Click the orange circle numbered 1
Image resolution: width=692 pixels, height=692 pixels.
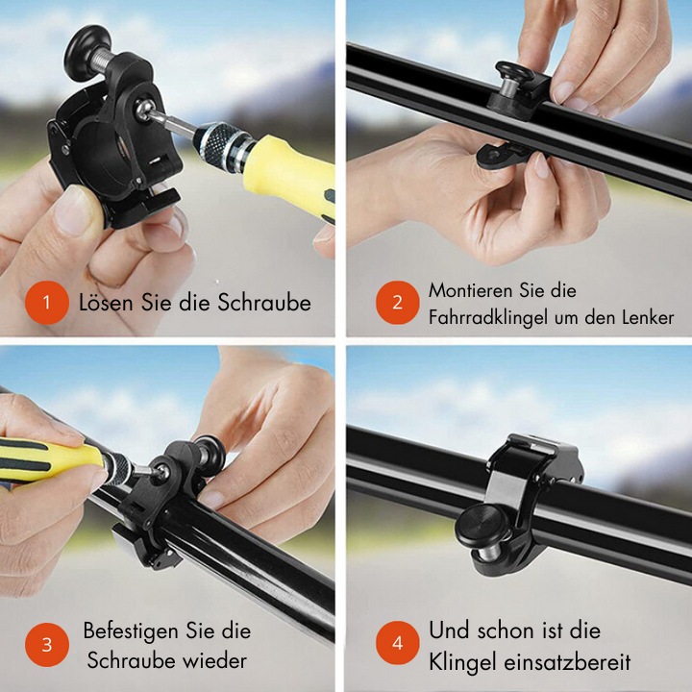47,304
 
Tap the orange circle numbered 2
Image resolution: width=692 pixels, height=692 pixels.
397,304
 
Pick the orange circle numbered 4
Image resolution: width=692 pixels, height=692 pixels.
397,644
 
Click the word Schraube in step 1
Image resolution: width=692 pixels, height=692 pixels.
263,303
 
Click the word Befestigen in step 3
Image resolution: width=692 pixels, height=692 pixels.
131,631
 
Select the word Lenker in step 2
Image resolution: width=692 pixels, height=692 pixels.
645,317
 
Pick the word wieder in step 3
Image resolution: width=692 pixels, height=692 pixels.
217,661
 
